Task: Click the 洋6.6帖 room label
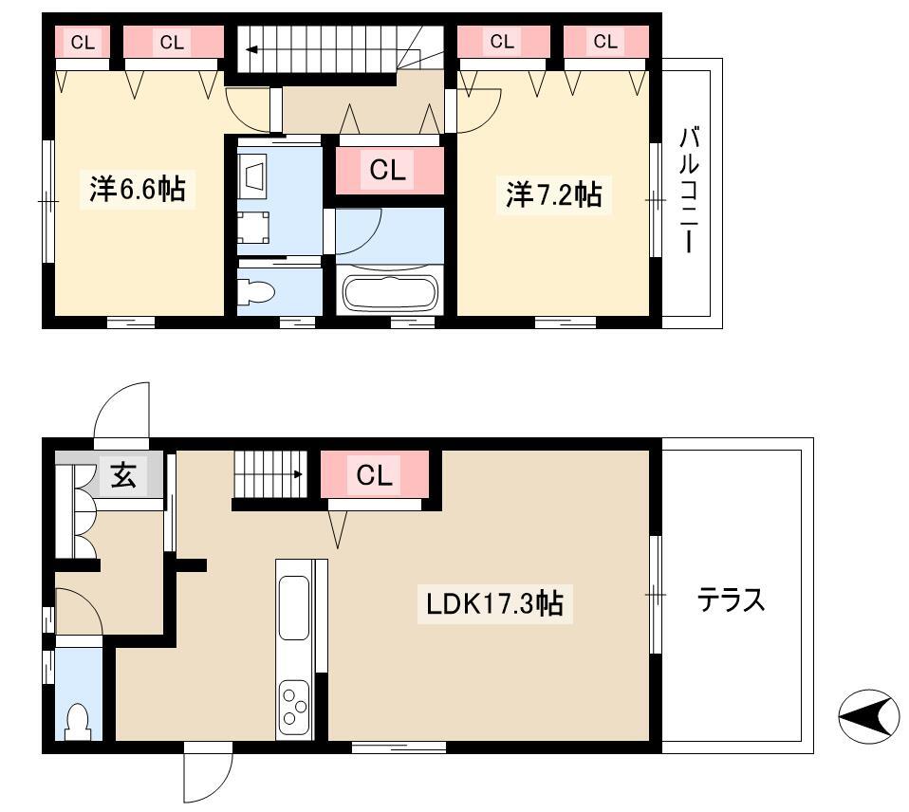(x=138, y=189)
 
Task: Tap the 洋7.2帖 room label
(x=553, y=194)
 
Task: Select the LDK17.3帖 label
(x=494, y=604)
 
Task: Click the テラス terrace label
(x=731, y=600)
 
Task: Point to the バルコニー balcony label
(x=689, y=192)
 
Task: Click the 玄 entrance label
(x=123, y=475)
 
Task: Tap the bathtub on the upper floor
(x=390, y=292)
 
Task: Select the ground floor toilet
(x=78, y=722)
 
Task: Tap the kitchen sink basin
(x=294, y=607)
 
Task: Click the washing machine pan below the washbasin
(x=253, y=228)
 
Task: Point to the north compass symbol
(x=868, y=717)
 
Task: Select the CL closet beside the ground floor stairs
(x=375, y=474)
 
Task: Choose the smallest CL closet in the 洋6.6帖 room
(x=83, y=42)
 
